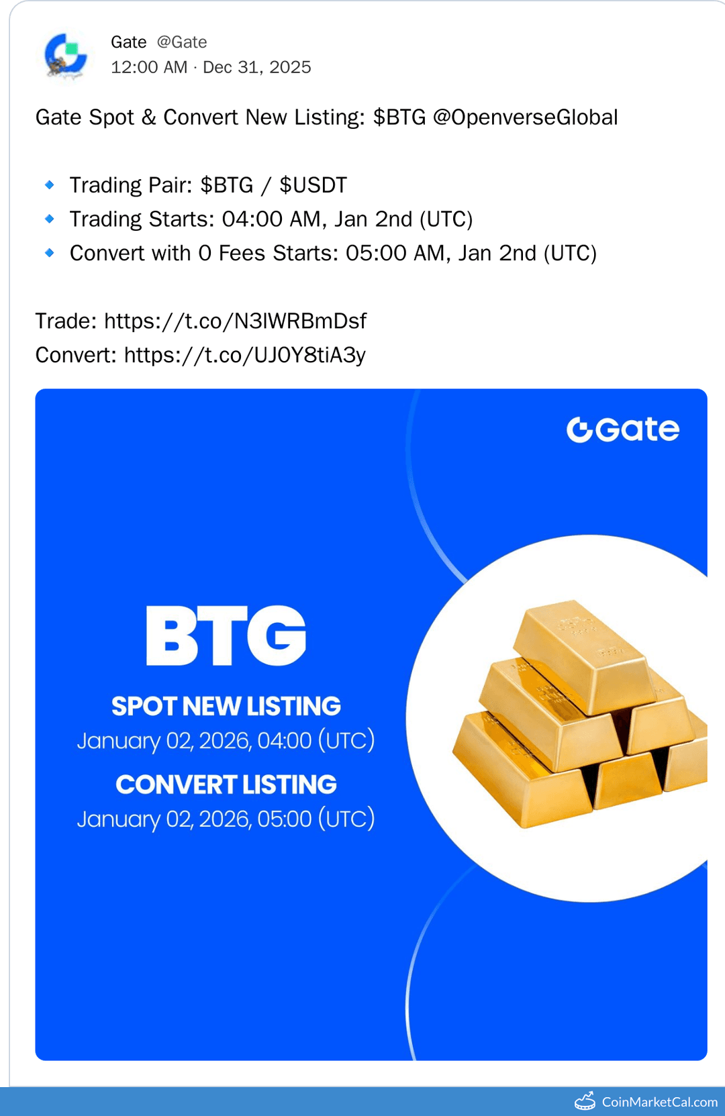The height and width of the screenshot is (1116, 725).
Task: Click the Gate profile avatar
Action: tap(65, 56)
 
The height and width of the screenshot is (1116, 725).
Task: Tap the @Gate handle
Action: tap(182, 42)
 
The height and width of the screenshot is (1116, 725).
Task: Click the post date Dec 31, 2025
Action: tap(257, 67)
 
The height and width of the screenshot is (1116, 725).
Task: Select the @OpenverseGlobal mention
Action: tap(525, 117)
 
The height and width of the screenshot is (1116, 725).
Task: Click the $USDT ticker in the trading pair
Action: tap(313, 185)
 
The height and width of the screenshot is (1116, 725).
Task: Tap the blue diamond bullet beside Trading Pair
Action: tap(50, 185)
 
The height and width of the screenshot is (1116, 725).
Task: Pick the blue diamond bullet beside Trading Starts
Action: tap(50, 219)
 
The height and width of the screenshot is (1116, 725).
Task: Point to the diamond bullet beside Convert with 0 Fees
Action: tap(50, 253)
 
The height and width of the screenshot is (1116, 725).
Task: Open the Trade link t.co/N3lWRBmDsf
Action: tap(235, 321)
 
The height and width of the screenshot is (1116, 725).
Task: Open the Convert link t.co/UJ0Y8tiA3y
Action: tap(244, 355)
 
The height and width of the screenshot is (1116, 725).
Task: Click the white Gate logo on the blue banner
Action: tap(623, 429)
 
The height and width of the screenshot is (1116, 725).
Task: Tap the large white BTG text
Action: tap(226, 636)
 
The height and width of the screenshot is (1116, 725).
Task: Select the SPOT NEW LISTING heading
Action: tap(226, 706)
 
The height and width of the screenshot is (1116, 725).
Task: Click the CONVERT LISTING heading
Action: tap(226, 784)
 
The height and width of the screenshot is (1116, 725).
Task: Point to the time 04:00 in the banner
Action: tap(285, 741)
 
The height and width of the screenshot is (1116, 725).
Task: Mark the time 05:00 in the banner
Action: tap(285, 819)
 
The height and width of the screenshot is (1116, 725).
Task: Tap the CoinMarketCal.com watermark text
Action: tap(659, 1102)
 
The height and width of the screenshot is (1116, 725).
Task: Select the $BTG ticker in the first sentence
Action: tap(399, 117)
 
